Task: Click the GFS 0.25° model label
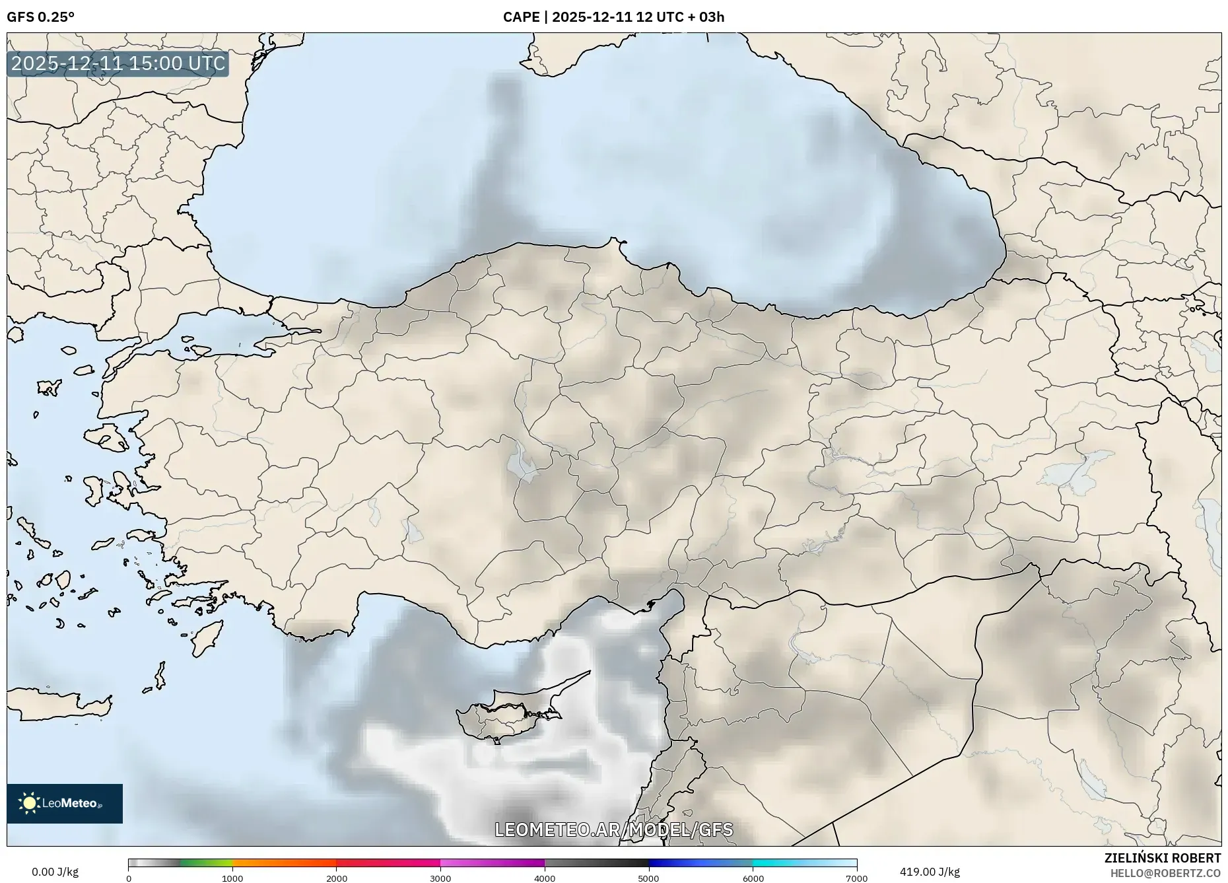40,17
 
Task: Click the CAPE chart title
613,17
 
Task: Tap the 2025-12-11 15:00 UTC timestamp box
118,63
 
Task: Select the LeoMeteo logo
65,803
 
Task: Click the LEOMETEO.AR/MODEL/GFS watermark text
613,830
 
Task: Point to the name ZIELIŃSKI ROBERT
1162,858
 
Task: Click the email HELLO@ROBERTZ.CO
1165,873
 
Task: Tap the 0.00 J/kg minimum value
55,872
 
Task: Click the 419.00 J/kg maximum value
930,872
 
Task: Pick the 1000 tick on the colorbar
232,878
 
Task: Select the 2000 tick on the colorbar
337,878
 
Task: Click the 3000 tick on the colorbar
440,878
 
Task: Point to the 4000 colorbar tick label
545,878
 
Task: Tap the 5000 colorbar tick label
648,878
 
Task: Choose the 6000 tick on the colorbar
753,878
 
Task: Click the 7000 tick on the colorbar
856,878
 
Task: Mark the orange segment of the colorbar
284,863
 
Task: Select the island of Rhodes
207,635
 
